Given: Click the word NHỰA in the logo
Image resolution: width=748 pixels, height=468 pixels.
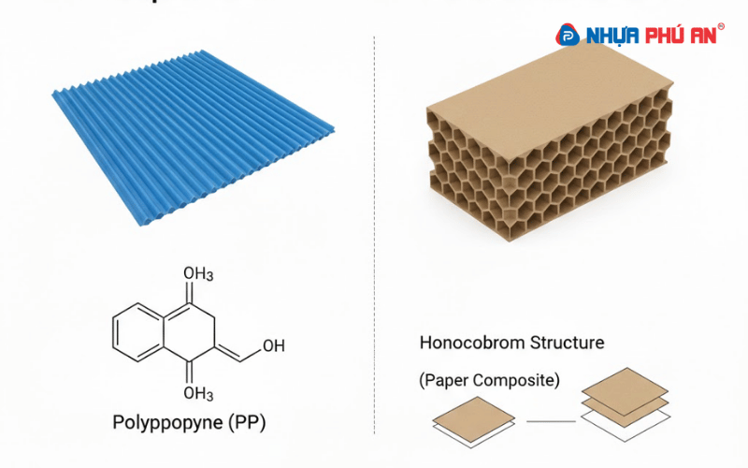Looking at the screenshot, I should coord(610,36).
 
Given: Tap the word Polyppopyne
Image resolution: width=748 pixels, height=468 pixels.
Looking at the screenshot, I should coord(166,423).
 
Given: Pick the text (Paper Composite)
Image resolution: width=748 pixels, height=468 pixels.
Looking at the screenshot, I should coord(488,381).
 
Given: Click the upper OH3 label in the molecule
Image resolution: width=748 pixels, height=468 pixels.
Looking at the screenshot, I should coord(197,273).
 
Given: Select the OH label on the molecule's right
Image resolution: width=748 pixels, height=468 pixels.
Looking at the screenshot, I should coord(274,346).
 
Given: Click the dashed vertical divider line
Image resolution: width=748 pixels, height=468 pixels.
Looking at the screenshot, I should coord(374,234).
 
